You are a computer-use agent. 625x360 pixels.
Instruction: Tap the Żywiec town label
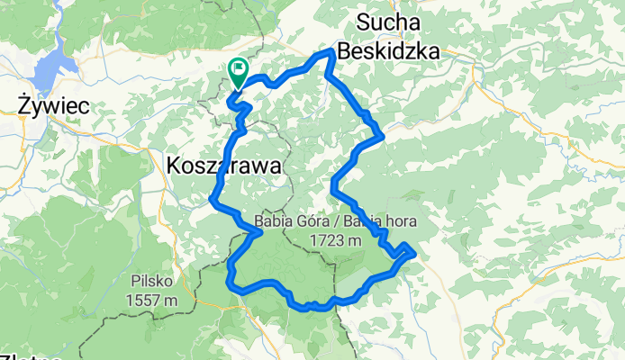pyautogui.click(x=54, y=106)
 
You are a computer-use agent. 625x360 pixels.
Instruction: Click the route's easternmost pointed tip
pyautogui.click(x=414, y=253)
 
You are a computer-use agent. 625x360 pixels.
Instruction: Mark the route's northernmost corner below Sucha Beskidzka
pyautogui.click(x=331, y=52)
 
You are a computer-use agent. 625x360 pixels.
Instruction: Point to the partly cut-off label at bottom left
pyautogui.click(x=32, y=356)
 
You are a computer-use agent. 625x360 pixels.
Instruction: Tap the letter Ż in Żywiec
pyautogui.click(x=25, y=106)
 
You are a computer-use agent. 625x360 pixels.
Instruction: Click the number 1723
pyautogui.click(x=324, y=240)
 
